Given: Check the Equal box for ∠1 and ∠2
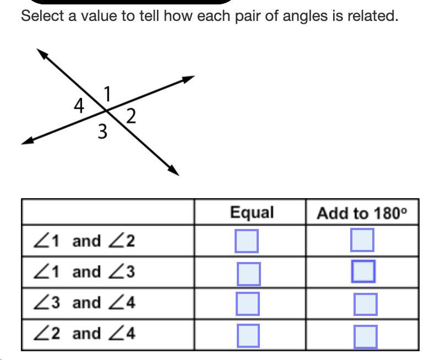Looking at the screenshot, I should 247,241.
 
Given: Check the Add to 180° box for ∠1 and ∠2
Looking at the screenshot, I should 362,240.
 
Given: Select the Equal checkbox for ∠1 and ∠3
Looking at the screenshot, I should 248,274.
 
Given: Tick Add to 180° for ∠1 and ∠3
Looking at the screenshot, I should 363,271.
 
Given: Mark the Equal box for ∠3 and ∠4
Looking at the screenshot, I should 248,303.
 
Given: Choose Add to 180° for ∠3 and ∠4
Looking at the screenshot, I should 366,304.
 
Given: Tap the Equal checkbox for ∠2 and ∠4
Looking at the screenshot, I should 248,336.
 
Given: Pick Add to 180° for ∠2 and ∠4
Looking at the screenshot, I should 366,337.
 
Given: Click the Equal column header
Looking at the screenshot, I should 252,212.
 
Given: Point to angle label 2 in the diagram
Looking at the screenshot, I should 130,116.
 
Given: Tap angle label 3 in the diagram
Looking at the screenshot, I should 102,132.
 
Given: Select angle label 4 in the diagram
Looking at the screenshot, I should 79,106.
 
